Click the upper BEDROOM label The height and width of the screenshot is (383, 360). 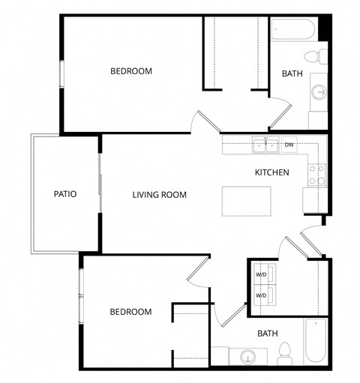tap(131, 72)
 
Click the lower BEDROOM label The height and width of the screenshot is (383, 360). tap(130, 312)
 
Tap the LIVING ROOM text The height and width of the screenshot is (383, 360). tap(159, 195)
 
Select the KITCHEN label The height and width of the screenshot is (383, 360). tap(271, 172)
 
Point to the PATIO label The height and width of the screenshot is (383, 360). tap(65, 194)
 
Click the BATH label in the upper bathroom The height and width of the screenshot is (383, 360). tap(292, 73)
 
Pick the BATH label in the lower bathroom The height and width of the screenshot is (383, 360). tap(268, 334)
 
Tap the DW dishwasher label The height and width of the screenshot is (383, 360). tap(289, 145)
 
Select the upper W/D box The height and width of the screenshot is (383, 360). tap(262, 274)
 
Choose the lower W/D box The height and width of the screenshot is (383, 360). tap(262, 295)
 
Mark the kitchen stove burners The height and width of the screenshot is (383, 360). tap(316, 175)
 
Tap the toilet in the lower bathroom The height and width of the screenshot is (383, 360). tap(284, 352)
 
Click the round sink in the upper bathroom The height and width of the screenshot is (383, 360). tap(319, 92)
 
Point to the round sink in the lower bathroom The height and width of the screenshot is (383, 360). tap(247, 356)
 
